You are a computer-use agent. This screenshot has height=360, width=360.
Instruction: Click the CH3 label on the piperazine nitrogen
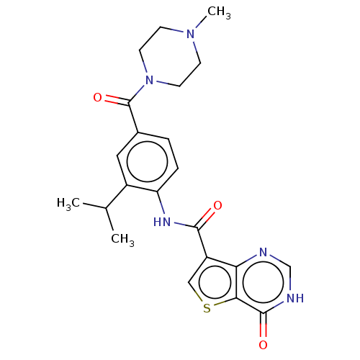click(x=219, y=12)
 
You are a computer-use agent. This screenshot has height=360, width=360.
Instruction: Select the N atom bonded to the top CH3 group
click(x=191, y=34)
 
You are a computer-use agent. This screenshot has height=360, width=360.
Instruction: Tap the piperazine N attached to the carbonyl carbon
click(x=149, y=80)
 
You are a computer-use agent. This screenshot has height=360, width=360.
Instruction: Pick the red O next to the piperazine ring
click(x=97, y=97)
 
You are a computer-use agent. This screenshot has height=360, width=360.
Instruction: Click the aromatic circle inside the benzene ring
click(x=147, y=162)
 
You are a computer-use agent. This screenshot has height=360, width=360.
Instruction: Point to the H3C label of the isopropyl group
click(x=68, y=204)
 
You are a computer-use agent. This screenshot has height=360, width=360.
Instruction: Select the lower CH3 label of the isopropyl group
click(x=122, y=240)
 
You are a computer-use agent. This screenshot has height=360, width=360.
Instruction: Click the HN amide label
click(x=162, y=222)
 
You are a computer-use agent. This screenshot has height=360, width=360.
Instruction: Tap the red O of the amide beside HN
click(x=217, y=205)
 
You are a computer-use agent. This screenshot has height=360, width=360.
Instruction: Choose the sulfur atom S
click(x=207, y=308)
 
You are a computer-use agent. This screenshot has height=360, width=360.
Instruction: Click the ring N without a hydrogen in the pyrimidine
click(x=264, y=252)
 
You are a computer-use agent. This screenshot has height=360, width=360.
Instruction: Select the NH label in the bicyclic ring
click(x=295, y=298)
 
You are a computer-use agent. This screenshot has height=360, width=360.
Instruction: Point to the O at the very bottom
click(x=263, y=345)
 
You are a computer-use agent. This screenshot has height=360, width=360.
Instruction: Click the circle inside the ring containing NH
click(x=264, y=282)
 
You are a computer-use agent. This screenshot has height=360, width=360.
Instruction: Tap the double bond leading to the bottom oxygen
click(x=264, y=325)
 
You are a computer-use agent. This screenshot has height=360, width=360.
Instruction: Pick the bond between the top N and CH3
click(x=201, y=22)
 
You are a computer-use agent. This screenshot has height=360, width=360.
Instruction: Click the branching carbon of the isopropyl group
click(x=106, y=208)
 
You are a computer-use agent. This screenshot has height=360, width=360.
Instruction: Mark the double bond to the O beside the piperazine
click(x=117, y=100)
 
